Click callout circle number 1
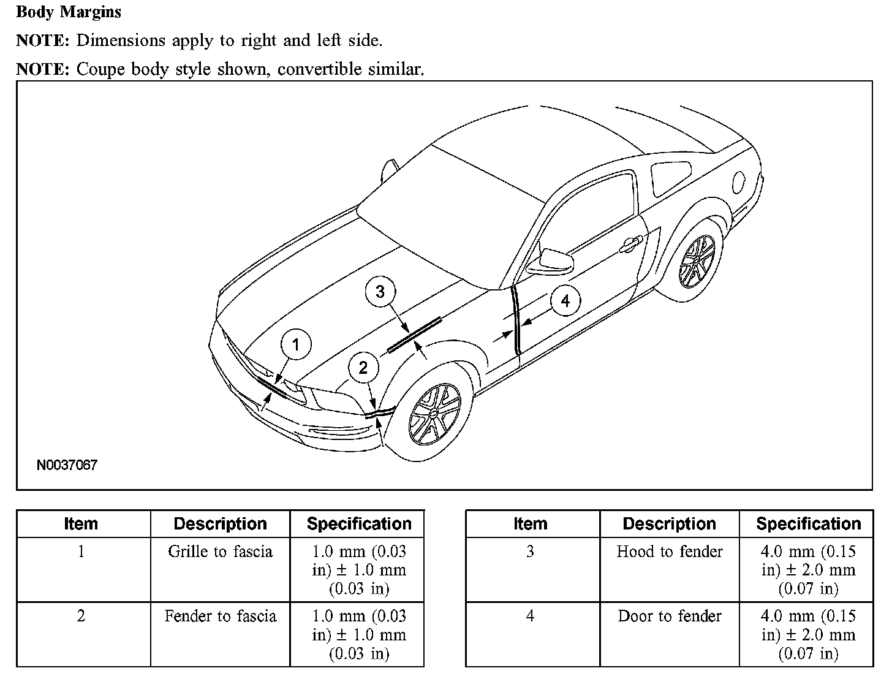pos(296,345)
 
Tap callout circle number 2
pos(363,368)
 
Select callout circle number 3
pos(380,292)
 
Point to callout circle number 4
pos(565,301)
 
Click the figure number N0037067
pos(67,465)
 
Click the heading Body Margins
pos(69,12)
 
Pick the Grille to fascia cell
pos(220,552)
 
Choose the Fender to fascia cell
pos(220,616)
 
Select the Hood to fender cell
pos(669,552)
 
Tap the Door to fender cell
pos(669,616)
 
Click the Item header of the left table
pos(81,524)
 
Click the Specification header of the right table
pos(808,524)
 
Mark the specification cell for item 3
pos(808,570)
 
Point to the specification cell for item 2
pos(359,635)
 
